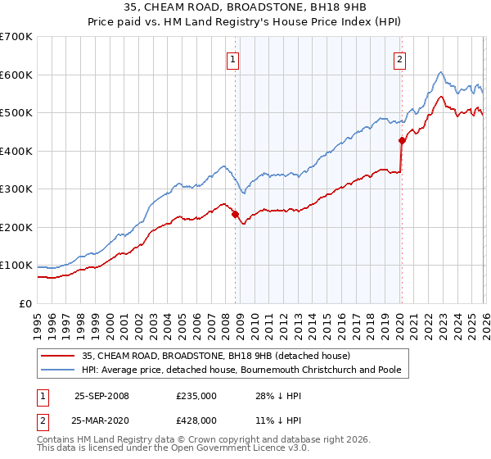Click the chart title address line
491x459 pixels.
(x=245, y=8)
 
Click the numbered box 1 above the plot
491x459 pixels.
(x=233, y=58)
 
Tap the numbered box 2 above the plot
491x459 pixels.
(x=399, y=58)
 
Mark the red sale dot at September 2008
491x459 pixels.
(x=236, y=214)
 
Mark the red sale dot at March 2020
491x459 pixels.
(x=402, y=140)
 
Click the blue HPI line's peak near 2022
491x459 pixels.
(x=440, y=72)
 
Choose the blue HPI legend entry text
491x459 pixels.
(x=241, y=370)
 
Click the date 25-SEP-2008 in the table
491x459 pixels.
(x=101, y=396)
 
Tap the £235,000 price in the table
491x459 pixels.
(x=196, y=396)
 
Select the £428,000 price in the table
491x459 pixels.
(x=196, y=420)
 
